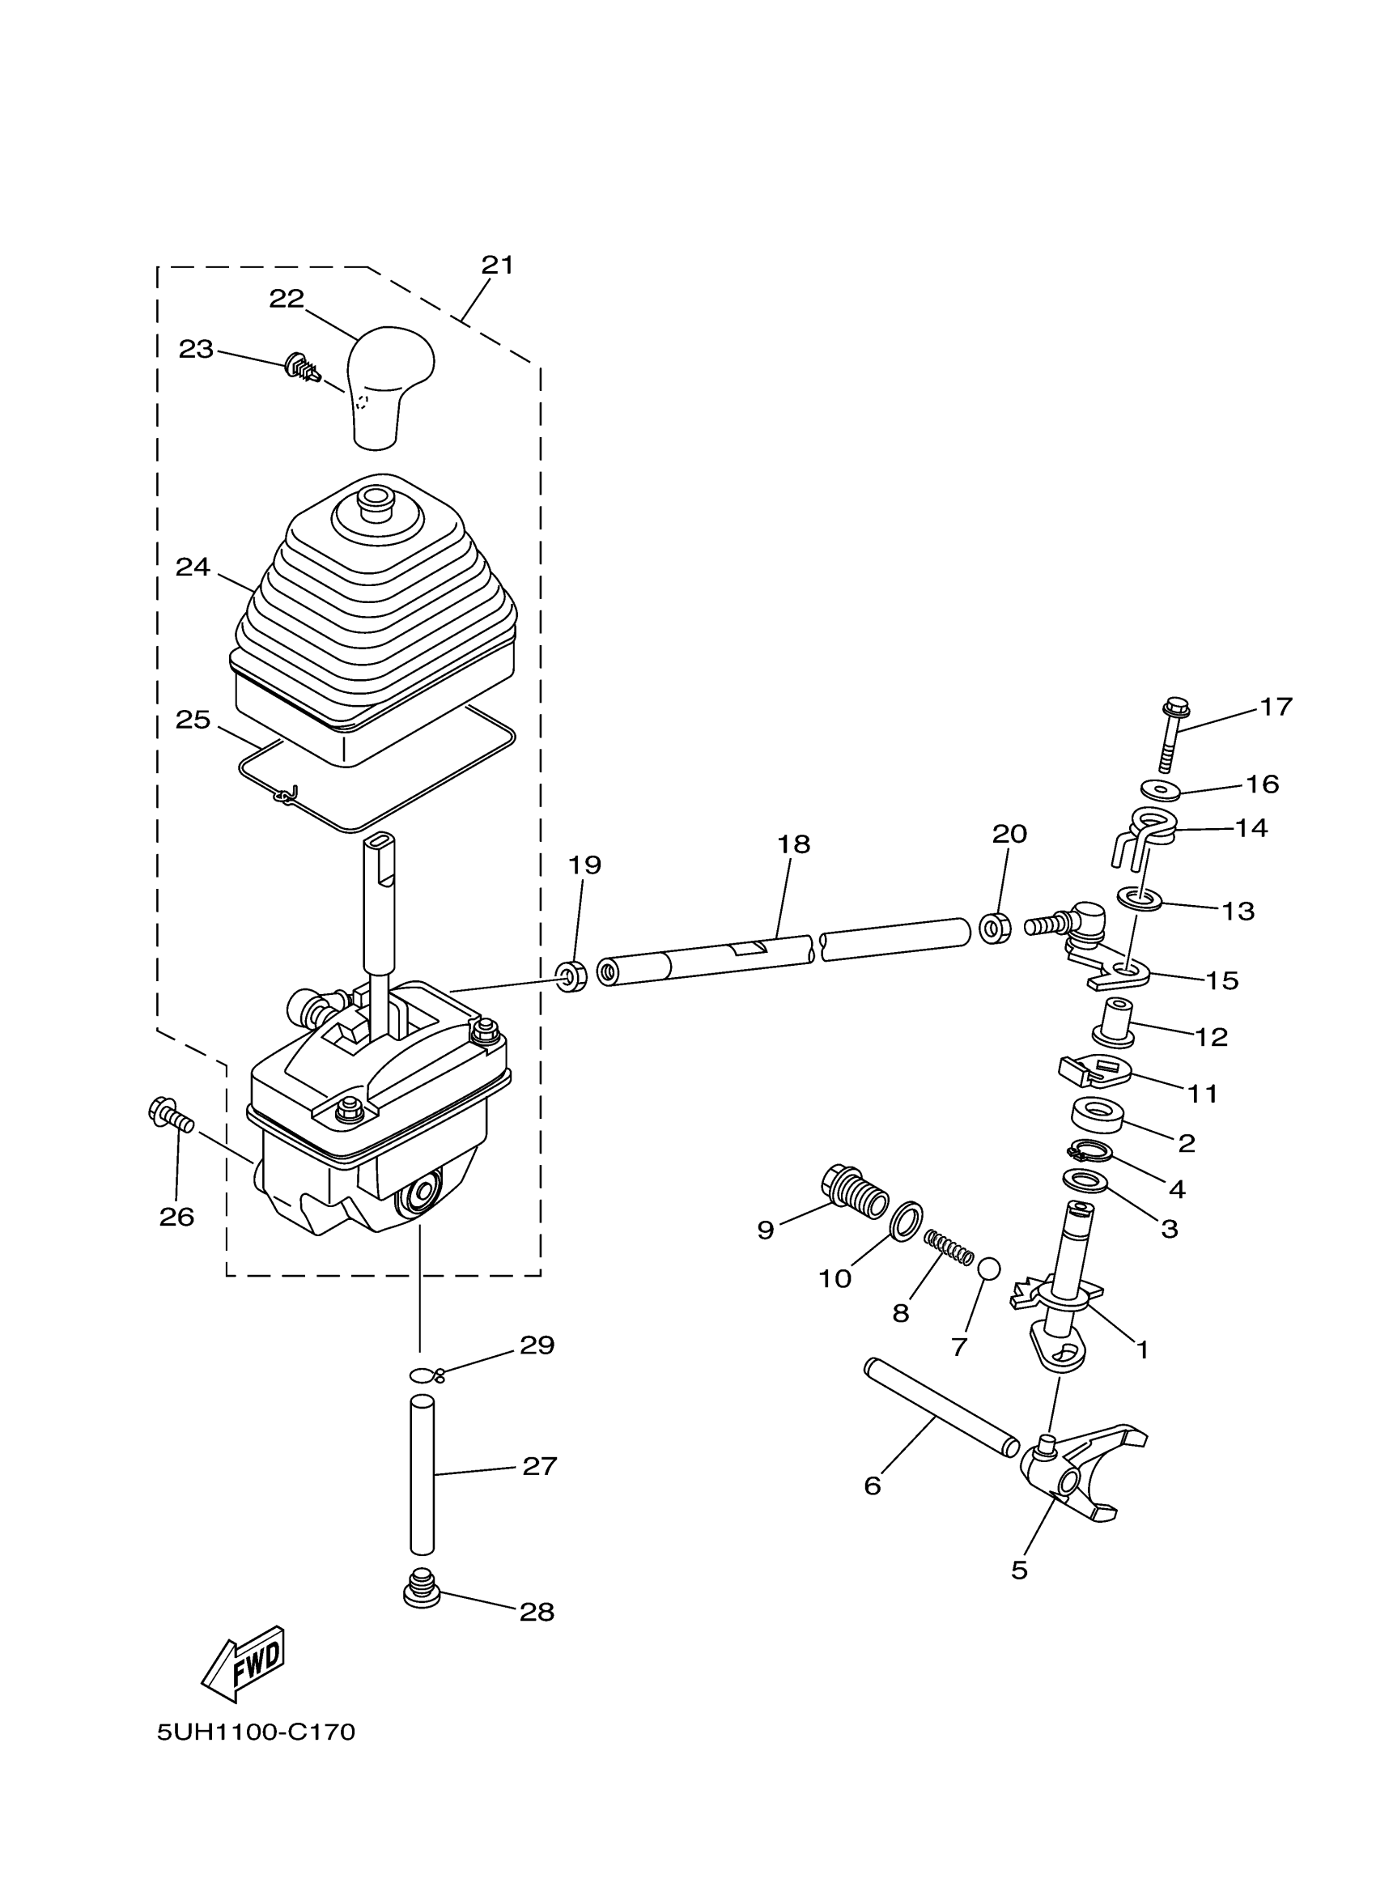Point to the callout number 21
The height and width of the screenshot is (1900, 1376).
pyautogui.click(x=497, y=265)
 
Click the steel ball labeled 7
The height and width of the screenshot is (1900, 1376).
pyautogui.click(x=989, y=1269)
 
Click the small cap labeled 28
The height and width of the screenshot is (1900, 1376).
pyautogui.click(x=422, y=1588)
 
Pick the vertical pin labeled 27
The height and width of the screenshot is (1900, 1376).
pyautogui.click(x=422, y=1473)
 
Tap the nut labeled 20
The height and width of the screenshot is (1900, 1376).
pyautogui.click(x=995, y=929)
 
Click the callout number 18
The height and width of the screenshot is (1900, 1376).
pyautogui.click(x=793, y=844)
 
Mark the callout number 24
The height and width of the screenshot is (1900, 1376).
pyautogui.click(x=192, y=567)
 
